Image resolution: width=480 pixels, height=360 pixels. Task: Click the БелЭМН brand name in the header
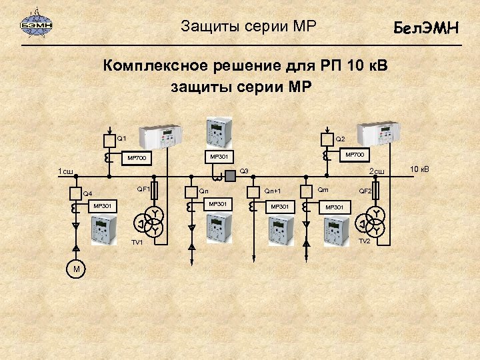click(x=426, y=28)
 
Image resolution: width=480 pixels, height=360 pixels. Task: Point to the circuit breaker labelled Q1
click(x=109, y=141)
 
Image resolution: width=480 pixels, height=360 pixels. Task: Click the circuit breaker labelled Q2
click(x=326, y=139)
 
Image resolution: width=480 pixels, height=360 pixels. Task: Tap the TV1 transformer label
click(x=137, y=242)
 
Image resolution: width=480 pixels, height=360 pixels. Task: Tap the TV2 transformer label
click(x=364, y=241)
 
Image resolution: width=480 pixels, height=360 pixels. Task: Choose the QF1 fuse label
click(x=143, y=189)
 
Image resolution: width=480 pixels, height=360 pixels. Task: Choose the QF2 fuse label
click(x=365, y=191)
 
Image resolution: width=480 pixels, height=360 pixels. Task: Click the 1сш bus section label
click(x=65, y=172)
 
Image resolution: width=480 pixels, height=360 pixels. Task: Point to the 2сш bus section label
click(x=377, y=172)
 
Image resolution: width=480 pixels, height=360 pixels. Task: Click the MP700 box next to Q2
click(x=354, y=155)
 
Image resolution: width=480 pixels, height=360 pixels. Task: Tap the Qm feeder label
click(x=323, y=190)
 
